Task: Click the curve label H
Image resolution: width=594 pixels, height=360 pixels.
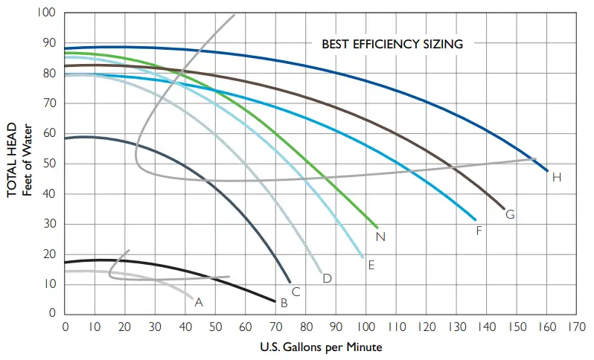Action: click(557, 177)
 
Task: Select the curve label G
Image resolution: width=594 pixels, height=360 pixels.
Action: click(511, 215)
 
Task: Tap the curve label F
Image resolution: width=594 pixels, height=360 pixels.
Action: click(479, 231)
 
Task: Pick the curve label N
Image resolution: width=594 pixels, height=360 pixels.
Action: click(380, 237)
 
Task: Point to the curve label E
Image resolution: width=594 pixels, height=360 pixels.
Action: click(371, 264)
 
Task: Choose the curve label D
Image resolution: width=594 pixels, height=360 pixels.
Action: click(327, 279)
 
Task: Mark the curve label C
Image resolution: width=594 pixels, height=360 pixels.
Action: click(296, 292)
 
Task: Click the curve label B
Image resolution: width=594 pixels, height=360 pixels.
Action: click(283, 303)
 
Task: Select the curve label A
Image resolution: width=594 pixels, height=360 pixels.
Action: click(198, 302)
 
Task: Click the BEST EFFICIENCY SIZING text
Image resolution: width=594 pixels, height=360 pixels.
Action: click(392, 44)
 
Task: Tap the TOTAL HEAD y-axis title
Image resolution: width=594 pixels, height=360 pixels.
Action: click(12, 163)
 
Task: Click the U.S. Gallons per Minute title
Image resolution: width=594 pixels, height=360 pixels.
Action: click(322, 347)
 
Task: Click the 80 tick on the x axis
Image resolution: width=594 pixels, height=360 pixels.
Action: click(306, 327)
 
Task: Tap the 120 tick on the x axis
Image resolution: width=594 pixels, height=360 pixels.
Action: click(427, 327)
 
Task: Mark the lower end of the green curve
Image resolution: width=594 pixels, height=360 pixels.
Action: click(377, 227)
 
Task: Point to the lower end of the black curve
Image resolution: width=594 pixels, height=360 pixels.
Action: click(275, 301)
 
